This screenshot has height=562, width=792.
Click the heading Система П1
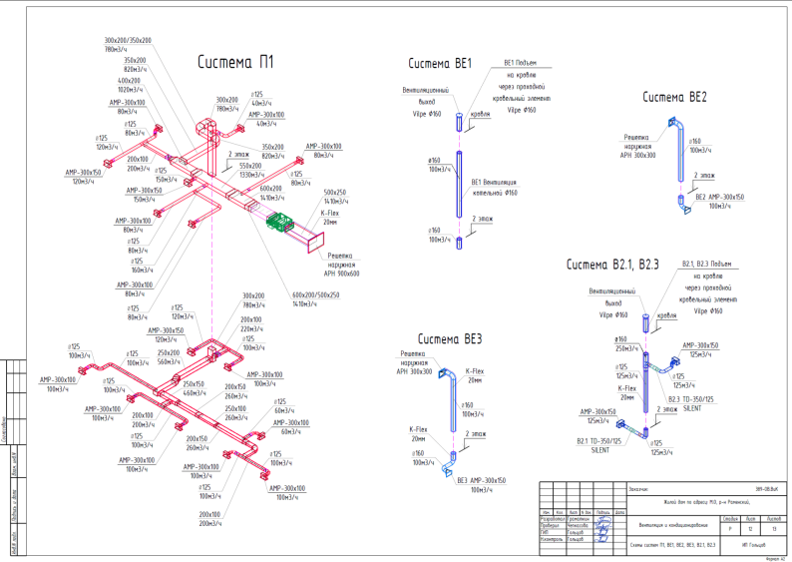click(x=235, y=62)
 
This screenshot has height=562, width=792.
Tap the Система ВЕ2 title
click(x=674, y=98)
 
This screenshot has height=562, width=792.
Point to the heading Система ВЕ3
click(x=450, y=337)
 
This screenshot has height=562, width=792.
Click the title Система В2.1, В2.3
click(x=613, y=266)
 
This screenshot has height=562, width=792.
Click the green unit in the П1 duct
click(x=283, y=222)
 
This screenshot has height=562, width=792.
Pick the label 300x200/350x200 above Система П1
click(x=128, y=40)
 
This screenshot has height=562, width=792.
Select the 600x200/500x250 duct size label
click(x=315, y=294)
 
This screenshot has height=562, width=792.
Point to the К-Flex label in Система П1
click(x=330, y=213)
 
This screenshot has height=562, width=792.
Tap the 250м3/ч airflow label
click(x=626, y=348)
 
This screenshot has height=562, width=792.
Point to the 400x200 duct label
click(x=129, y=80)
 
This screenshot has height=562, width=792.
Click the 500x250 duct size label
click(x=335, y=192)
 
